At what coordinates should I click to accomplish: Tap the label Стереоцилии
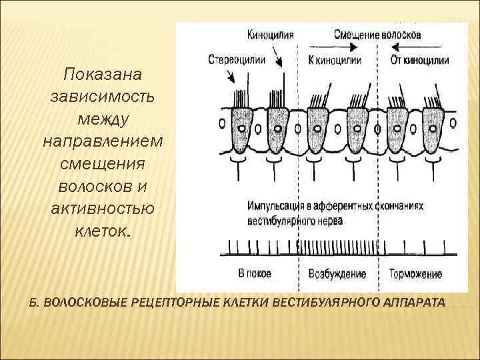click(237, 59)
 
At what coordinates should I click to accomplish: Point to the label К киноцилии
click(335, 59)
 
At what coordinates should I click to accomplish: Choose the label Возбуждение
click(337, 273)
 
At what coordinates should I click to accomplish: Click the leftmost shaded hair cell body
click(239, 131)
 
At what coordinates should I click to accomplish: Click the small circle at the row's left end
click(221, 123)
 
